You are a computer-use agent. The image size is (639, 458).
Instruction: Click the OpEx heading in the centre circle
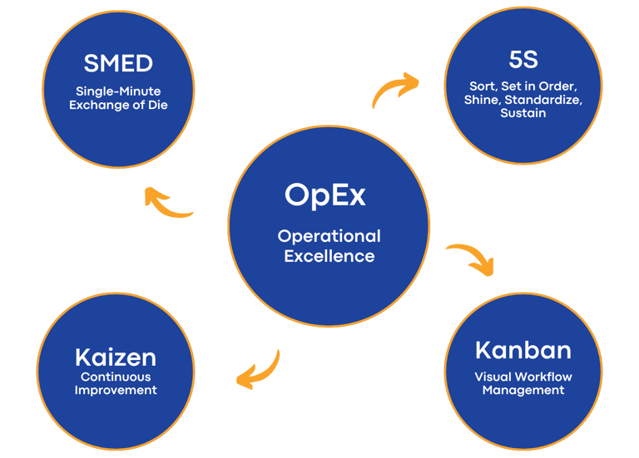[325, 195]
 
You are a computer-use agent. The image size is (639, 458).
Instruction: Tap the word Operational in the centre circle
[329, 237]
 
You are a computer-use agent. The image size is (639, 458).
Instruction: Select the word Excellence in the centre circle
[329, 256]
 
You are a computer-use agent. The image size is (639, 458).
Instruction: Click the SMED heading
[117, 63]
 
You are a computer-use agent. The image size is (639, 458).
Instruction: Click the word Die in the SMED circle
[157, 106]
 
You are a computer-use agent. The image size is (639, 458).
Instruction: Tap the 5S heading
[523, 59]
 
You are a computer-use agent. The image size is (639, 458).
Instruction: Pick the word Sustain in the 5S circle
[523, 113]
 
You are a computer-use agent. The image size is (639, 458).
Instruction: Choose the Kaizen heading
[116, 357]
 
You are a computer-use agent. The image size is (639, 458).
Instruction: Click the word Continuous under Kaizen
[116, 377]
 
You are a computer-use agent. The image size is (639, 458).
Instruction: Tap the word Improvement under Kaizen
[116, 390]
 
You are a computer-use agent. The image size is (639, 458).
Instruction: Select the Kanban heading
[523, 350]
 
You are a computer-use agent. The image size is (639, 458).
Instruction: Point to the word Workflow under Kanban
[542, 377]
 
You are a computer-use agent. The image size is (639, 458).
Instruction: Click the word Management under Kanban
[523, 390]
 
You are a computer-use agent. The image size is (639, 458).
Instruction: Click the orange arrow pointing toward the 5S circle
[395, 90]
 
